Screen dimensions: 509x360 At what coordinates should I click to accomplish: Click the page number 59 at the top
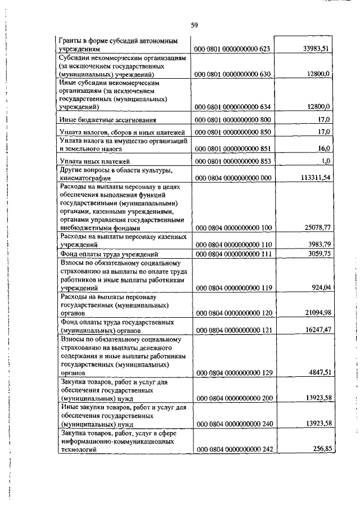194,25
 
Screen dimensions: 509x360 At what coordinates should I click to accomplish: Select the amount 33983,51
315,49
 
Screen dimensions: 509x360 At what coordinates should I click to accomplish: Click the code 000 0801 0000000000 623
233,49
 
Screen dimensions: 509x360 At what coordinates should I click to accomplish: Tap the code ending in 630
233,74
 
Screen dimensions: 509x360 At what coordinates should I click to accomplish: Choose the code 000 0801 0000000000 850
233,132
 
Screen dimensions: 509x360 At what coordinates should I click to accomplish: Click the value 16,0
322,148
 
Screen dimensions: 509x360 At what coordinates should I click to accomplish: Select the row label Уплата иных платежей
92,161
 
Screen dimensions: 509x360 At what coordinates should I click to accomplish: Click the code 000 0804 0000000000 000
233,178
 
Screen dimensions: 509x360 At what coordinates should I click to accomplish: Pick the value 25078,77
315,228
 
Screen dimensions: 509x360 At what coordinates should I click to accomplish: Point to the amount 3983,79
317,245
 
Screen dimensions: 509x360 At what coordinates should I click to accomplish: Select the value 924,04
318,287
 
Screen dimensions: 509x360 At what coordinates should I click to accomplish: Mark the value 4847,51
317,372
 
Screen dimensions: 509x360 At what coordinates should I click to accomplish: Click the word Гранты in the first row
70,42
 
